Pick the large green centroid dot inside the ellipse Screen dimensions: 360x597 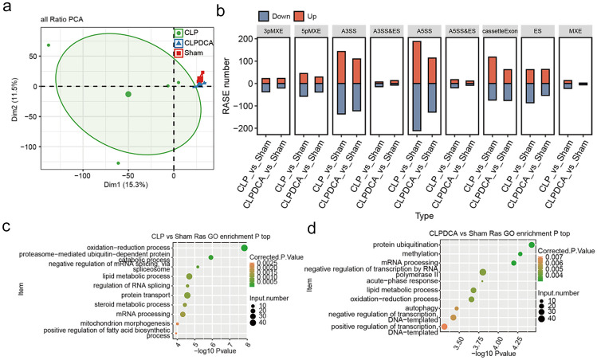pos(128,94)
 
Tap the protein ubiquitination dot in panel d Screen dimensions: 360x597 pos(531,247)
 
